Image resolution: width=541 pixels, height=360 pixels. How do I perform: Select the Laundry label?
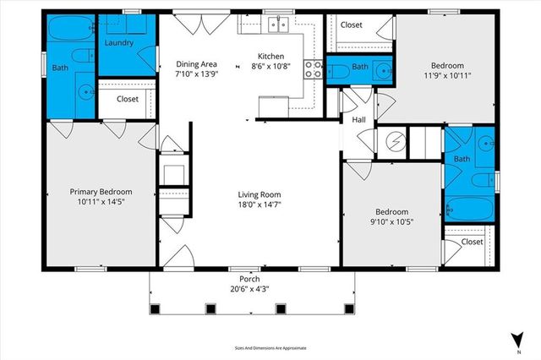[x=120, y=42]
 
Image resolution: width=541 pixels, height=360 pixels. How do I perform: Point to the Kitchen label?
[x=272, y=57]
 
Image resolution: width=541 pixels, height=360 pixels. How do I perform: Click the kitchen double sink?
[x=278, y=25]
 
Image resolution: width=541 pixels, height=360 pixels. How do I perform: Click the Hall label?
[x=358, y=121]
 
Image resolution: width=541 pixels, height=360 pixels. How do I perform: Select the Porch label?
[x=249, y=280]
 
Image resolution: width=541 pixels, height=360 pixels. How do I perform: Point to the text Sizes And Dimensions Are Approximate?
[x=270, y=347]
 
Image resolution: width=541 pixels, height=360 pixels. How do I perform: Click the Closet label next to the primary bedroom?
[x=128, y=99]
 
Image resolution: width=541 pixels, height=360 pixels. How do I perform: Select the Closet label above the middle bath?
[x=351, y=25]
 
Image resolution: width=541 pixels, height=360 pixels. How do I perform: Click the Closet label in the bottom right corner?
[x=472, y=242]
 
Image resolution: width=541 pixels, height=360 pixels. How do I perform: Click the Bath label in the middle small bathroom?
[x=360, y=67]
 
